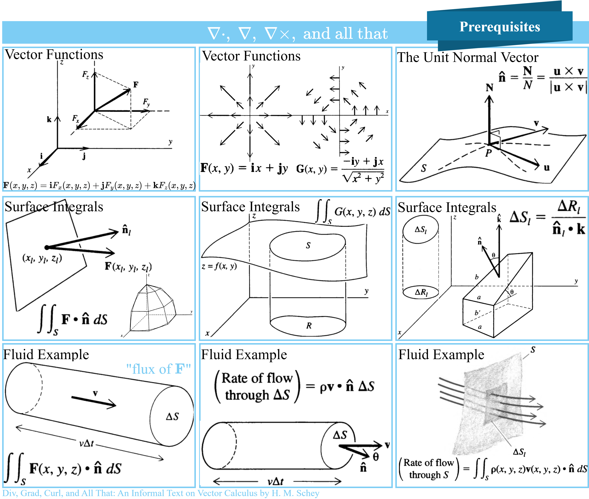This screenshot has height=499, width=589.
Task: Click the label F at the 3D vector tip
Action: click(136, 84)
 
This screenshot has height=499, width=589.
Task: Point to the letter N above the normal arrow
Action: click(489, 88)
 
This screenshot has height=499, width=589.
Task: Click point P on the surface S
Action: click(488, 153)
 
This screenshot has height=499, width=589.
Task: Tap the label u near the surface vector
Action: click(547, 168)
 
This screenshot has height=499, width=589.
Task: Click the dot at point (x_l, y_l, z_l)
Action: click(47, 247)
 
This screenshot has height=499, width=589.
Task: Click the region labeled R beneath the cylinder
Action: click(309, 326)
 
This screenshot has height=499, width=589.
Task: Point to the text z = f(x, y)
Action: click(219, 266)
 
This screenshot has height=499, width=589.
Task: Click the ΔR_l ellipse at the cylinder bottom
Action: click(421, 292)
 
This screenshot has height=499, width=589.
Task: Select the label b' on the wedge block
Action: click(477, 313)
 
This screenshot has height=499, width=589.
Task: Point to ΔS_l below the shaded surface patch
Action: click(519, 452)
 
